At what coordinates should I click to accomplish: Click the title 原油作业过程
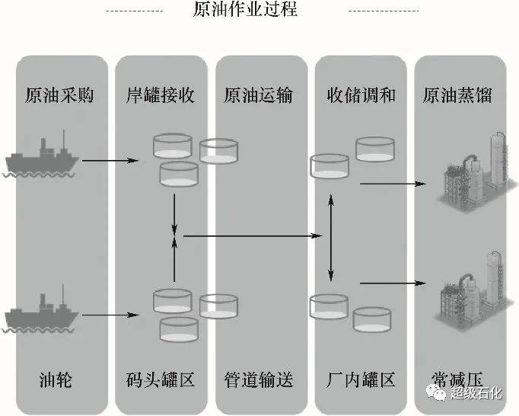(x=245, y=8)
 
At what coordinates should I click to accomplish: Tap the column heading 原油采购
(x=59, y=95)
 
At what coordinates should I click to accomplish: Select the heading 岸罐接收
(x=161, y=95)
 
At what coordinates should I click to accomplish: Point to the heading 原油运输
(x=259, y=95)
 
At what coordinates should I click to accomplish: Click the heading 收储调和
(x=361, y=95)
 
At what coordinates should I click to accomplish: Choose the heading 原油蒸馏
(x=457, y=95)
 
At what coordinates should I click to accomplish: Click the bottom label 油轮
(x=56, y=380)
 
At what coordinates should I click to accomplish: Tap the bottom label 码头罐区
(x=161, y=380)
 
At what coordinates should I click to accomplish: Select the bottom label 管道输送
(x=259, y=380)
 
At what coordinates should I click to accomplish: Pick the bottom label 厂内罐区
(x=361, y=380)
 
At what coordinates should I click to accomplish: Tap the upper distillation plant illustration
(x=476, y=172)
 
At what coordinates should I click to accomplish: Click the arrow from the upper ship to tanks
(x=110, y=161)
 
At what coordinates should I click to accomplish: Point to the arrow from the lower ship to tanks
(x=110, y=315)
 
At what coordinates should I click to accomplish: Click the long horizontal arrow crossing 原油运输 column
(x=253, y=236)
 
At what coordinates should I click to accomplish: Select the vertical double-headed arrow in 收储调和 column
(x=331, y=238)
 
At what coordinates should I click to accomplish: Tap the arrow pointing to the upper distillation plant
(x=393, y=184)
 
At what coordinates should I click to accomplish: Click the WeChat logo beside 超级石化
(x=436, y=392)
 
